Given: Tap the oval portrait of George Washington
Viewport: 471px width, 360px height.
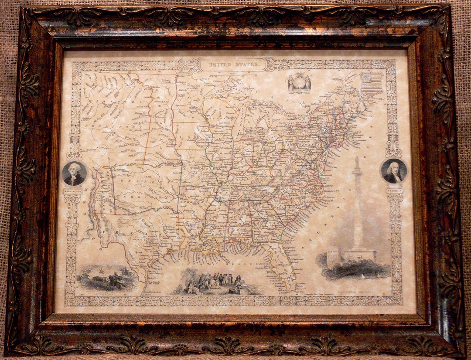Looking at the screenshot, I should [x=74, y=173].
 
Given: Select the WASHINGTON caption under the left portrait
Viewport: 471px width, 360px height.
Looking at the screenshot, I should [x=73, y=191].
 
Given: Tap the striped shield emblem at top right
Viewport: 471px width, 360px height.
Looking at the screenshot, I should [x=372, y=84].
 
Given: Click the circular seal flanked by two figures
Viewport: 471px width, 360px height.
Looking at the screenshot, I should [x=299, y=83].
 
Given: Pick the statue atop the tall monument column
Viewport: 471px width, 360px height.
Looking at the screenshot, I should [x=357, y=164].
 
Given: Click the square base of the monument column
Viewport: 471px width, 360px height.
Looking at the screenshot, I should [x=358, y=254].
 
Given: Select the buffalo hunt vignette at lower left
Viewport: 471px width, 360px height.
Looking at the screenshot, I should [x=106, y=278].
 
